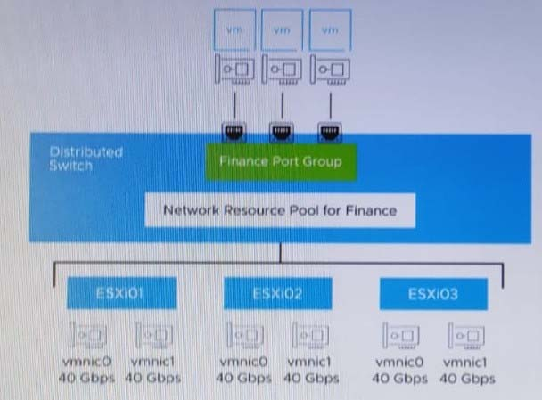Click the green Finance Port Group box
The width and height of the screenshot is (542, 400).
point(281,161)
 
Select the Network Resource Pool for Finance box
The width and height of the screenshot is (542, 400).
point(280,210)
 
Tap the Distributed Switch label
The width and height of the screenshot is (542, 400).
point(86,159)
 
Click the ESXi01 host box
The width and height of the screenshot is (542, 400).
point(121,293)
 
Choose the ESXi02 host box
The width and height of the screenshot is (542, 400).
point(277,294)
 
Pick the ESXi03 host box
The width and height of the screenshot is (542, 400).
point(433,294)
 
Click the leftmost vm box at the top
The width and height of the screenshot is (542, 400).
point(234,30)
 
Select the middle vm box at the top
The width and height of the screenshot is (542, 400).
point(282,30)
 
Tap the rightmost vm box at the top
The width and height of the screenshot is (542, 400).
point(330,30)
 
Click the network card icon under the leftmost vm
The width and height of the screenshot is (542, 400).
point(234,69)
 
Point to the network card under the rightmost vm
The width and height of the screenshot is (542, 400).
point(330,69)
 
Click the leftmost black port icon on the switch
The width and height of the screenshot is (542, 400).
point(234,132)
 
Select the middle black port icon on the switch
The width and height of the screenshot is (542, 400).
point(282,132)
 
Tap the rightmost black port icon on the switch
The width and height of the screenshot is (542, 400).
point(330,132)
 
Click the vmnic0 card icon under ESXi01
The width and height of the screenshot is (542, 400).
point(87,335)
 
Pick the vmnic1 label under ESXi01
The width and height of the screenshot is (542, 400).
point(152,362)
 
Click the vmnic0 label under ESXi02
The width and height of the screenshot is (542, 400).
point(243,362)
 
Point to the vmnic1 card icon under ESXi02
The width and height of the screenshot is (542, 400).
point(310,335)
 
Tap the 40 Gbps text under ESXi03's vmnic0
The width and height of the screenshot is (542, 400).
point(399,379)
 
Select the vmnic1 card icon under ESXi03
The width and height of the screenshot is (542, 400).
point(466,336)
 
